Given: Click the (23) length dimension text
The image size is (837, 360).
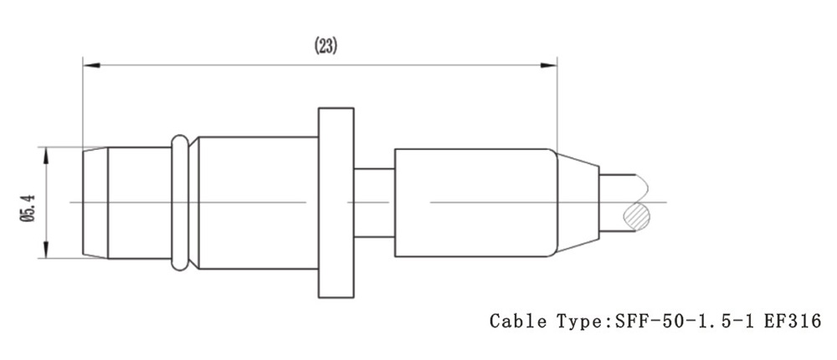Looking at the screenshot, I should tap(326, 46).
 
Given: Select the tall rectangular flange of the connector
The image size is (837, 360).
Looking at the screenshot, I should tap(336, 202).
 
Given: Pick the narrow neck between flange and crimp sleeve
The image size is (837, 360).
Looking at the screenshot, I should tap(373, 202).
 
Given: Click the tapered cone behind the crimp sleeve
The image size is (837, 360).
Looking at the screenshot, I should tap(578, 202).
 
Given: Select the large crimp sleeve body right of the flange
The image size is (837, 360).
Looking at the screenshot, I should tap(473, 202).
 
